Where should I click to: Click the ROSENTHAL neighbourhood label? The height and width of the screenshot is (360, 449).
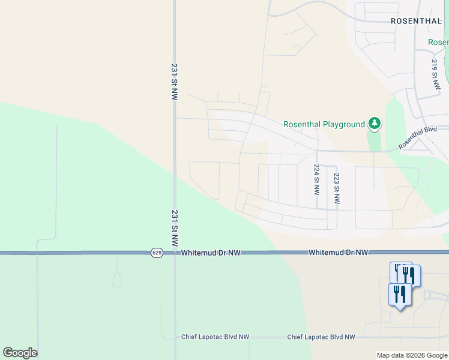point(416,20)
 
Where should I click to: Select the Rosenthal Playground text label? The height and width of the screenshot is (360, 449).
point(324,125)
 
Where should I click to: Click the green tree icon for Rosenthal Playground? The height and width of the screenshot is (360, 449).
point(375,124)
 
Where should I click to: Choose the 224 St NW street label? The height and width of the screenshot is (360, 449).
point(316,181)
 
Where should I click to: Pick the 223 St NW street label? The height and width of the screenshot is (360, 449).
point(336,190)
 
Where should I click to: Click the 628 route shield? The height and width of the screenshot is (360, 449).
point(157,253)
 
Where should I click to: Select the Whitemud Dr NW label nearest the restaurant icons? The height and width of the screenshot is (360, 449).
point(338,253)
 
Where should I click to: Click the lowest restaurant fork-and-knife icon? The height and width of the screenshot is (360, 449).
point(400,295)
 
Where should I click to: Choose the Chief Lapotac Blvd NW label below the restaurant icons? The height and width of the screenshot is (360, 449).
point(321,337)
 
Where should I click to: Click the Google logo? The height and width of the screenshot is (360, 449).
point(20,353)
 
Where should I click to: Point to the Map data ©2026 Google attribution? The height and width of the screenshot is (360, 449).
point(412,356)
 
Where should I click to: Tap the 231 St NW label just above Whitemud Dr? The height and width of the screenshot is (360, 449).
point(174,228)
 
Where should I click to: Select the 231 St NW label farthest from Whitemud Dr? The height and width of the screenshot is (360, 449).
point(174,82)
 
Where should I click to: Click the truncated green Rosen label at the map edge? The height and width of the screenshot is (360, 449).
point(439,43)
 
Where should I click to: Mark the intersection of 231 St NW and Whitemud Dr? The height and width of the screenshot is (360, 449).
point(175,253)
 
